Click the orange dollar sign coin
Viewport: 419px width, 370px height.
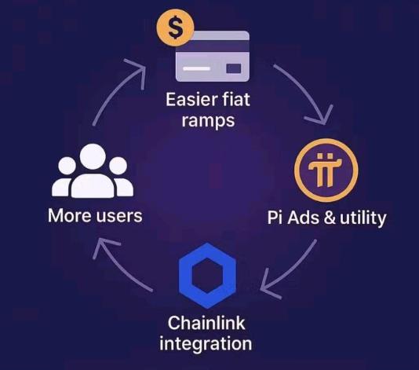click(175, 27)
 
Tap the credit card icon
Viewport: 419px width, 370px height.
click(213, 57)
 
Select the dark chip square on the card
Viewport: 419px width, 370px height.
click(234, 68)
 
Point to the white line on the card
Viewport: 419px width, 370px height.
click(196, 68)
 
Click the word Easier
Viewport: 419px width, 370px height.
click(189, 100)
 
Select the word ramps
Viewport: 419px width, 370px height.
click(208, 121)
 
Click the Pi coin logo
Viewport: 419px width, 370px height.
click(326, 170)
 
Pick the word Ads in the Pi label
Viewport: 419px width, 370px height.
click(303, 218)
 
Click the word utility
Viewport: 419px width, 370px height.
click(363, 219)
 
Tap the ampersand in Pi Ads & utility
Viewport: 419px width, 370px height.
click(330, 218)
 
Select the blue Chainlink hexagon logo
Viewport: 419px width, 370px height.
click(207, 276)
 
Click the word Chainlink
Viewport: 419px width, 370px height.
click(206, 323)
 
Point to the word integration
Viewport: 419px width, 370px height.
click(206, 344)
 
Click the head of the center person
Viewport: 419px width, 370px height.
click(93, 157)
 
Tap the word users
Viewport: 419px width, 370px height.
click(119, 216)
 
